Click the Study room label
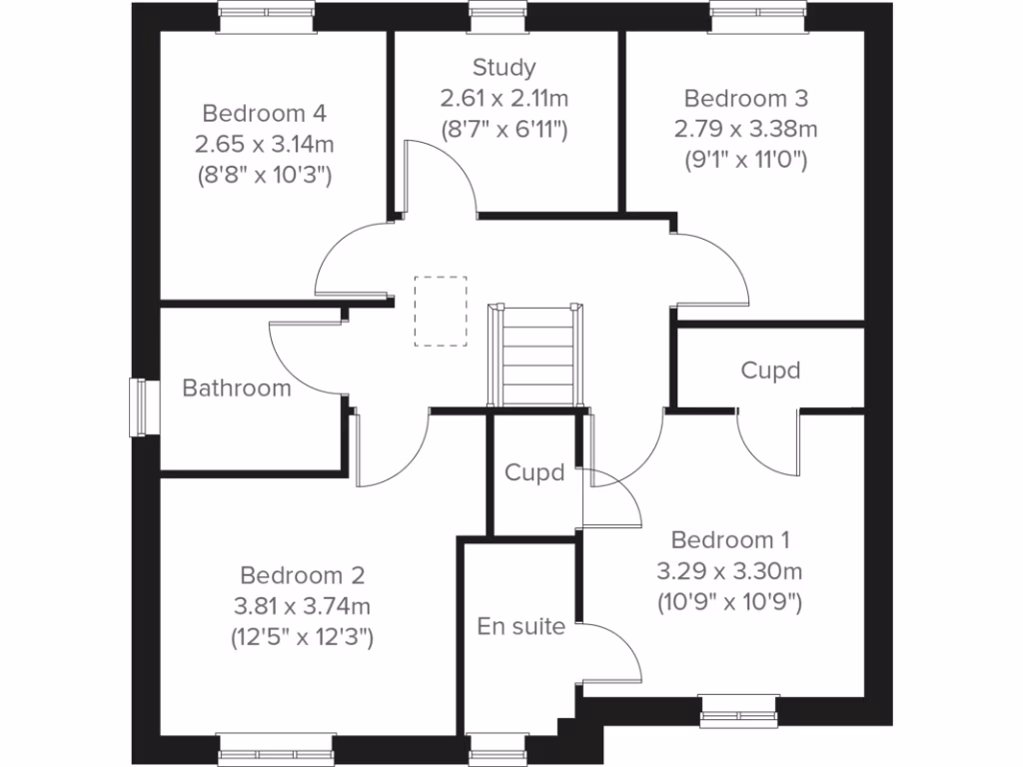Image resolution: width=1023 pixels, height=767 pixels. tap(505, 68)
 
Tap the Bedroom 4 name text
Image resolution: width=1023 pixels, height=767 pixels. tap(264, 113)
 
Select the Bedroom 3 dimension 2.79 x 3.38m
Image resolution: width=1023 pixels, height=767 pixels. tap(745, 129)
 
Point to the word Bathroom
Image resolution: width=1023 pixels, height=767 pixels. tap(237, 387)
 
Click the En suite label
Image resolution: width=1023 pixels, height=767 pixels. tap(520, 627)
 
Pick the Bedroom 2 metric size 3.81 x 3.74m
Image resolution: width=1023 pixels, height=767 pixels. tap(303, 606)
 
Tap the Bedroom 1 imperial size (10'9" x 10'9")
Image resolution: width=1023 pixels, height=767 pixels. tap(730, 602)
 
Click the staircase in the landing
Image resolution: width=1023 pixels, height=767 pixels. tap(536, 355)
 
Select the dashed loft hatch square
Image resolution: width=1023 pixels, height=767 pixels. tap(441, 311)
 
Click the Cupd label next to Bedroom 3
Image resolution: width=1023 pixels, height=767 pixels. tap(770, 371)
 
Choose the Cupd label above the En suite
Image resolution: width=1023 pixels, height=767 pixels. tap(534, 472)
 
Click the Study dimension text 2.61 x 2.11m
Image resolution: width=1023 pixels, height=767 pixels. tap(505, 98)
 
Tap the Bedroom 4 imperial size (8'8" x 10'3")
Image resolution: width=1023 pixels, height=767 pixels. tap(264, 175)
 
